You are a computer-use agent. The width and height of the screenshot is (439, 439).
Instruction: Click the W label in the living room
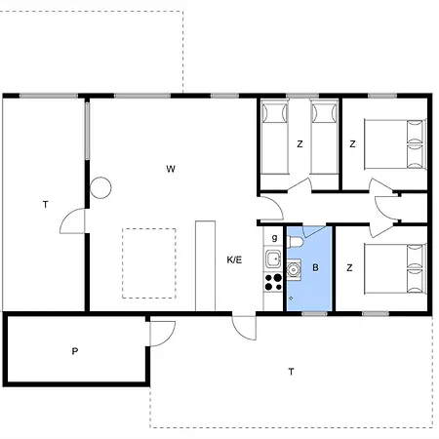click(171, 169)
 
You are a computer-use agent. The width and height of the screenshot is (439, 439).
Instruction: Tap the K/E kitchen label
click(234, 259)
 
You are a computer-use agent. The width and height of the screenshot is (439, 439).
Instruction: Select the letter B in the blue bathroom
click(315, 267)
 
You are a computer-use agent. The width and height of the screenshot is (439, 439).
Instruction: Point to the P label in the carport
click(75, 351)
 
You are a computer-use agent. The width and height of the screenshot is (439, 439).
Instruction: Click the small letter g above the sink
click(275, 238)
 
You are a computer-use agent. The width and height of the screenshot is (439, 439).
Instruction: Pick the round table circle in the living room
click(100, 187)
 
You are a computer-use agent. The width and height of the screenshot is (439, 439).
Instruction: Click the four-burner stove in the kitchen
click(273, 282)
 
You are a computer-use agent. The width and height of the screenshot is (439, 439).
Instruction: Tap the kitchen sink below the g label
click(273, 259)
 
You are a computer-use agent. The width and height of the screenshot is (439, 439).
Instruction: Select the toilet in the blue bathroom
click(295, 242)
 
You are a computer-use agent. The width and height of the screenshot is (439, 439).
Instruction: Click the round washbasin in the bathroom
click(294, 269)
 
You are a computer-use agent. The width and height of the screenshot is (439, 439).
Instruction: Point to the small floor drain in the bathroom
click(291, 298)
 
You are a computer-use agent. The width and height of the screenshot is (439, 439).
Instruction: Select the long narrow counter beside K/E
click(205, 265)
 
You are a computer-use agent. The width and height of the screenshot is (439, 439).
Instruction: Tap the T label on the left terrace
click(46, 205)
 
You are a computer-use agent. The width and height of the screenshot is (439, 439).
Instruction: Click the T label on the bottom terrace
click(291, 372)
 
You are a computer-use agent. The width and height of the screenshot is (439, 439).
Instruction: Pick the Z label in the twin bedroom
click(299, 143)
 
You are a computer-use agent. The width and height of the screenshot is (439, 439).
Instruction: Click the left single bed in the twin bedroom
click(275, 137)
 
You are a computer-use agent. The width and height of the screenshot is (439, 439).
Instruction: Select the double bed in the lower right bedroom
click(395, 269)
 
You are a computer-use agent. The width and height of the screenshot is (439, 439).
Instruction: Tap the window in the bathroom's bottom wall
click(314, 314)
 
